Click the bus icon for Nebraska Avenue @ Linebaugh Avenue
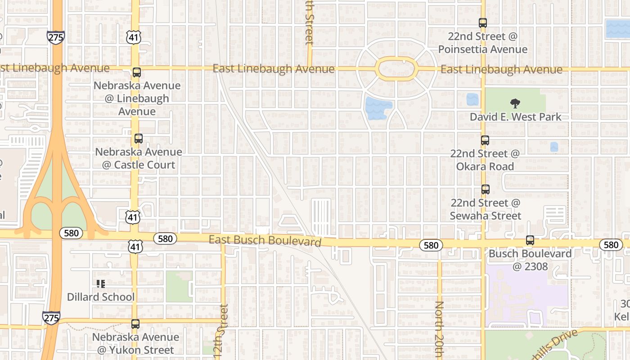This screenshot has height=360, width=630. [x=137, y=72]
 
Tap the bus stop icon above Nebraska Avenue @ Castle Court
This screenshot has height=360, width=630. [x=138, y=139]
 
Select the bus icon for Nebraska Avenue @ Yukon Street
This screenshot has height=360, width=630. [x=135, y=324]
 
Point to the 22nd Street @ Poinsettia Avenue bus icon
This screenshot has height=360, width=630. [x=483, y=22]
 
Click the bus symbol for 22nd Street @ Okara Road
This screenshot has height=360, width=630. [x=485, y=140]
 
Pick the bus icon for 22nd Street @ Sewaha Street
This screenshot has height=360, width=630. [x=485, y=189]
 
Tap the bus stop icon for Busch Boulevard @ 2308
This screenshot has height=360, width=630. [x=530, y=240]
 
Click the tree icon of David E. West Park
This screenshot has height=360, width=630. [x=515, y=104]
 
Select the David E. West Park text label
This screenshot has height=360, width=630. [x=515, y=117]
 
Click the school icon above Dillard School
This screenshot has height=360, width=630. [x=101, y=283]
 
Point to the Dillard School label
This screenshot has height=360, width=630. [x=101, y=297]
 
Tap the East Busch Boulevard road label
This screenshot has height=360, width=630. [x=265, y=240]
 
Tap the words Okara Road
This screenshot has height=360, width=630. [x=485, y=166]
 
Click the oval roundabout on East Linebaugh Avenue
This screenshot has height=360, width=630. [x=396, y=69]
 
